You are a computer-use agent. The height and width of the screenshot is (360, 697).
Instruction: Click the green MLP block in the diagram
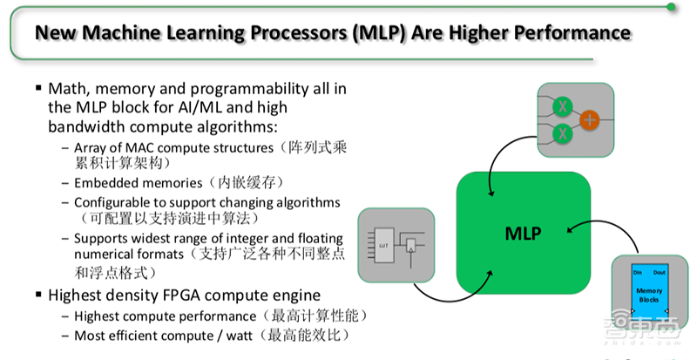(x=523, y=233)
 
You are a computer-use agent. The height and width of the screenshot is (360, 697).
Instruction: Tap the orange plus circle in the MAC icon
(x=589, y=120)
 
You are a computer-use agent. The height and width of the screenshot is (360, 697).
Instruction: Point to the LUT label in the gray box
(x=382, y=246)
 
